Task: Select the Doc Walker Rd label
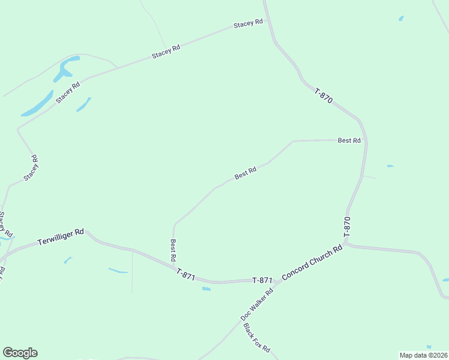[x=257, y=304]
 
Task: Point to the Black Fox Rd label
[x=257, y=338]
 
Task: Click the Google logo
[x=20, y=353]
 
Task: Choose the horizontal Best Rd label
[x=349, y=140]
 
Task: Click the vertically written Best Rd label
[x=173, y=250]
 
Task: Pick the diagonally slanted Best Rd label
[x=246, y=173]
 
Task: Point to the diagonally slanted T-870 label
[x=323, y=96]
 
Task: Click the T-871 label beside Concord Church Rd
[x=262, y=280]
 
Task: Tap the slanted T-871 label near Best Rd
[x=186, y=273]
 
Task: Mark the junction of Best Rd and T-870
[x=366, y=140]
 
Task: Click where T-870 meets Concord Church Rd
[x=345, y=243]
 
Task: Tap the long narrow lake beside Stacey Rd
[x=38, y=103]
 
